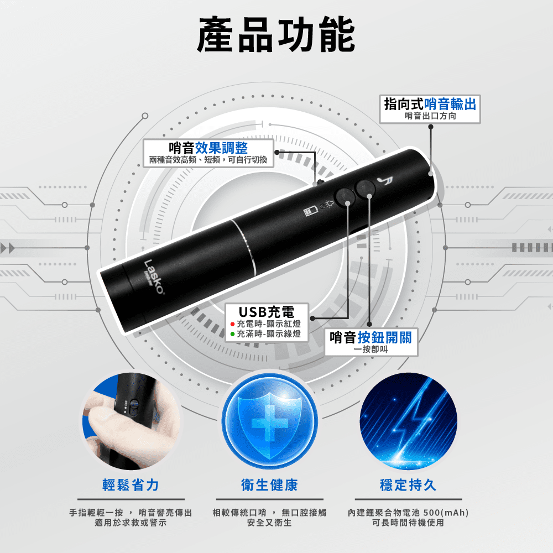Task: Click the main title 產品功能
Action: pos(276,34)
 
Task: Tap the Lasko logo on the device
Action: pos(154,277)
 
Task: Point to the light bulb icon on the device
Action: pos(330,204)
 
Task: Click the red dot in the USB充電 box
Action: pos(232,324)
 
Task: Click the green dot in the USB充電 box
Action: pos(232,334)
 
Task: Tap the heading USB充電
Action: pos(267,312)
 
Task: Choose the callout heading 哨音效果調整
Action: pos(208,148)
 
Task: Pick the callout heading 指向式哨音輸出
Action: pos(430,104)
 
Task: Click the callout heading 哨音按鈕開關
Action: pos(371,337)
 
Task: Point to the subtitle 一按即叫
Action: pos(371,349)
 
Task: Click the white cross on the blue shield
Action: pos(270,423)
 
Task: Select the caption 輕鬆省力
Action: pos(131,485)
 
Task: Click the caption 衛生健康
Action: pos(269,485)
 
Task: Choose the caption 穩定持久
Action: pos(408,485)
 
